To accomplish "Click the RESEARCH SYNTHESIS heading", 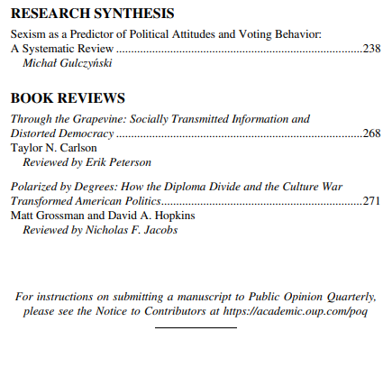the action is (x=93, y=14).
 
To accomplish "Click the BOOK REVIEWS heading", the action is (x=68, y=98).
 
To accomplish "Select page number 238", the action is (x=370, y=49).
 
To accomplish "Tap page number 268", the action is (x=370, y=133).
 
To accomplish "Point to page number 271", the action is (x=370, y=201).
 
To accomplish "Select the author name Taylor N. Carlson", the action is (x=54, y=148).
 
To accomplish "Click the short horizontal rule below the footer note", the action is (x=196, y=327).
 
